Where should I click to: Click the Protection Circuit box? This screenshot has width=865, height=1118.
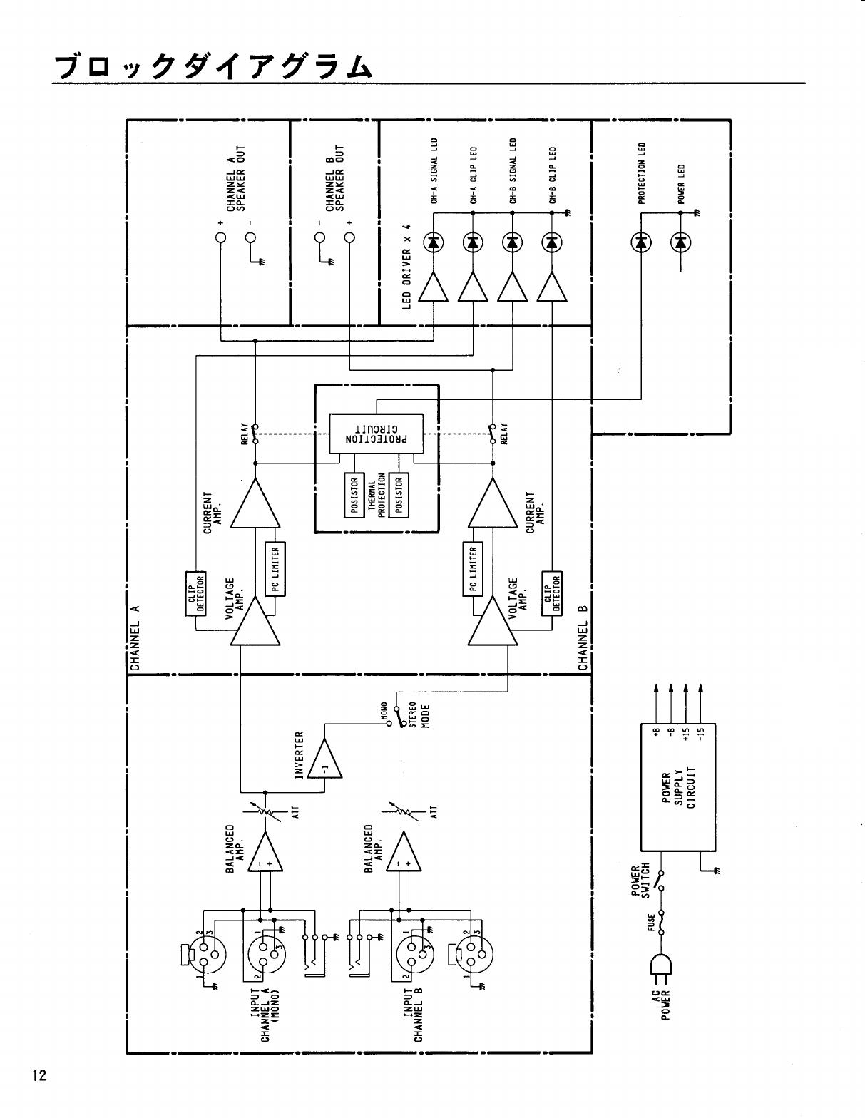point(376,433)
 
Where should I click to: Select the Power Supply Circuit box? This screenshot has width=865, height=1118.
point(677,786)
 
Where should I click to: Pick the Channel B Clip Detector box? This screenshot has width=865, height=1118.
point(552,592)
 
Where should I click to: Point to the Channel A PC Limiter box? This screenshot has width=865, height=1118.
point(275,570)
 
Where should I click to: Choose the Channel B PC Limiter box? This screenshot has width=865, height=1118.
point(473,570)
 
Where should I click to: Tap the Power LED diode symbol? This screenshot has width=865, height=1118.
point(681,243)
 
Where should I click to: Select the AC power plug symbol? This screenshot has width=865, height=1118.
point(659,965)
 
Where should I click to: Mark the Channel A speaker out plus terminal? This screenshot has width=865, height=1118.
point(220,237)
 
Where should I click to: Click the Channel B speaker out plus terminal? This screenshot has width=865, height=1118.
point(349,237)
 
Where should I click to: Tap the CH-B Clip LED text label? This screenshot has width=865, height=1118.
point(553,175)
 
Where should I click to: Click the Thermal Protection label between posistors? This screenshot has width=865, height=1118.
point(377,494)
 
